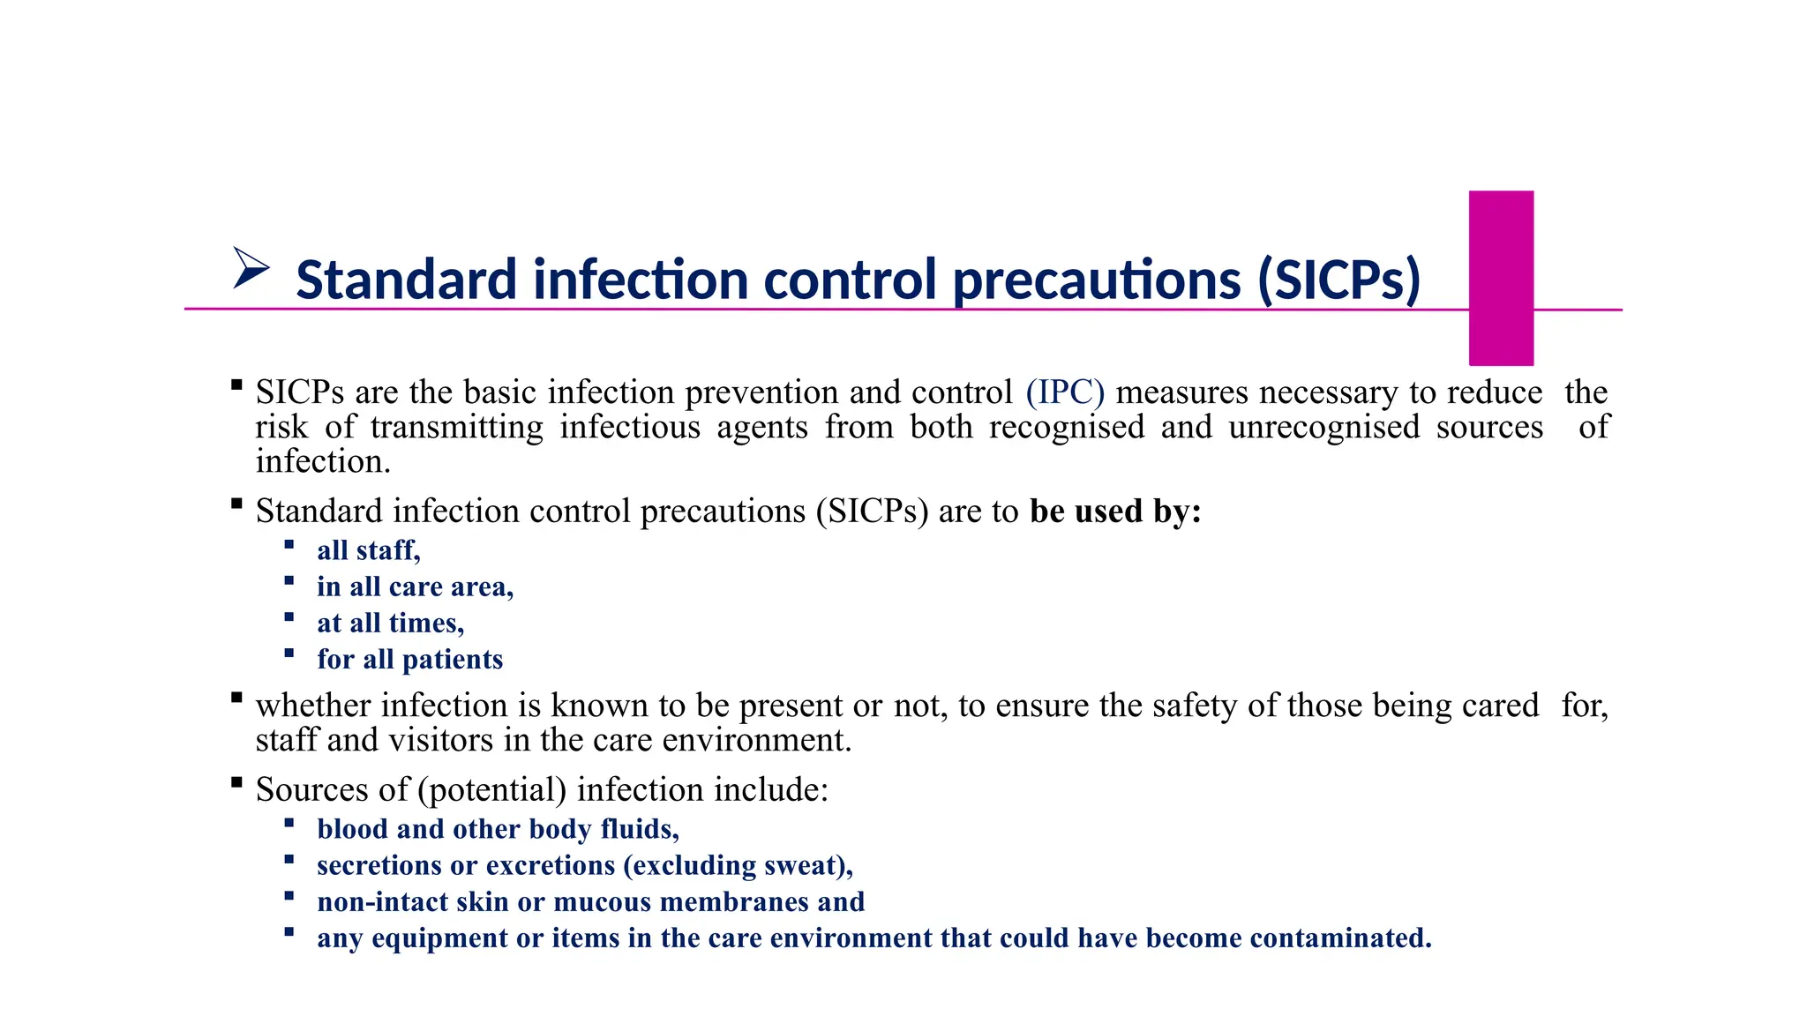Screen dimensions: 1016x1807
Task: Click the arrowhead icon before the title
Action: (251, 268)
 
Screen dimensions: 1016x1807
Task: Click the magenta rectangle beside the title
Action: (1501, 278)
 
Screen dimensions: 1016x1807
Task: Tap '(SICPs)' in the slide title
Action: (1338, 280)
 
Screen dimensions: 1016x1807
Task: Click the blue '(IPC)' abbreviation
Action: (1065, 392)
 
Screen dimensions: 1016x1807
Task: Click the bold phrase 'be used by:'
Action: (1115, 512)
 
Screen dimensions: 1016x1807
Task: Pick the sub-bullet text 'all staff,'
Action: (369, 550)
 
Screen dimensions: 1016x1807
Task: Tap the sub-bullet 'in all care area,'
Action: (415, 587)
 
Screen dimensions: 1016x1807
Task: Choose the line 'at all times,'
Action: (390, 624)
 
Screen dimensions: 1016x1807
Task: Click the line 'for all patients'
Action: (409, 660)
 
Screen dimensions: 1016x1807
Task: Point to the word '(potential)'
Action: (492, 790)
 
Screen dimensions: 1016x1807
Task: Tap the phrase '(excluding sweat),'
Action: (738, 866)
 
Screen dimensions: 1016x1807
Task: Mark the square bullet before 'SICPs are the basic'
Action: (236, 385)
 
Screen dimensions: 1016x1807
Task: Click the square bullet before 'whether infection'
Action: (236, 698)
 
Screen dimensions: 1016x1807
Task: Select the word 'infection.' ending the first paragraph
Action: (323, 462)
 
